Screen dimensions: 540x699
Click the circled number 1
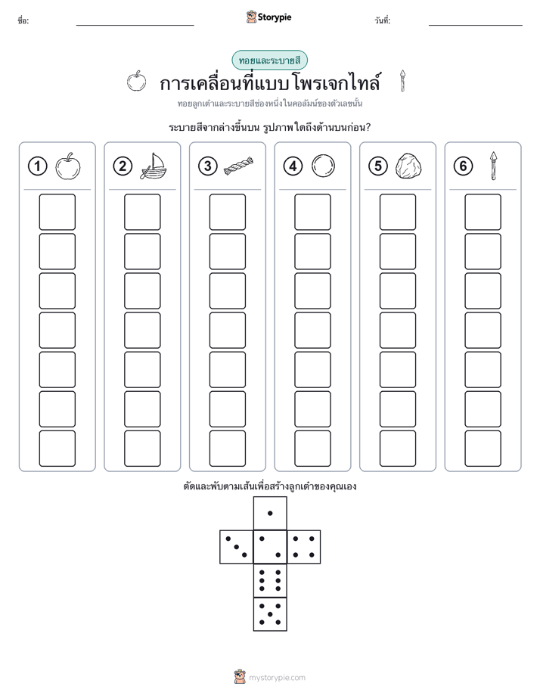[37, 166]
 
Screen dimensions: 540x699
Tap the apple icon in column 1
[68, 166]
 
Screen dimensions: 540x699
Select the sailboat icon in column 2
[153, 166]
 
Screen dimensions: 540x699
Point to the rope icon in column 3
[238, 166]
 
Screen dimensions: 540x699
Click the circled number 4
[293, 166]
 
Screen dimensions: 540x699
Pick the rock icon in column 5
[408, 166]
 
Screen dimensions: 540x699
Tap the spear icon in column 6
[493, 166]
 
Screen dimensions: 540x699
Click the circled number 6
[463, 166]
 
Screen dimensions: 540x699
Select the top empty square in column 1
[57, 212]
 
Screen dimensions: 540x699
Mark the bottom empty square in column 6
[483, 449]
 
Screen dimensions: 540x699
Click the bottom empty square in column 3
[228, 449]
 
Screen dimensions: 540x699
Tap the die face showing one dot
[270, 513]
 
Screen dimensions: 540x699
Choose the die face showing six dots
[270, 581]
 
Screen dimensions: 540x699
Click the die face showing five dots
[270, 614]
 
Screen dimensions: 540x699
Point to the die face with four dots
[304, 547]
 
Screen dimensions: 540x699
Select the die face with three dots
[237, 547]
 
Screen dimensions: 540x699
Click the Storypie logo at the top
[268, 17]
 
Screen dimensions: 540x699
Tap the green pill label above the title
[269, 61]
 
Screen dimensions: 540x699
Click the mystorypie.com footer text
[277, 678]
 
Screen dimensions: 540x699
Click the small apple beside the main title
[136, 81]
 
